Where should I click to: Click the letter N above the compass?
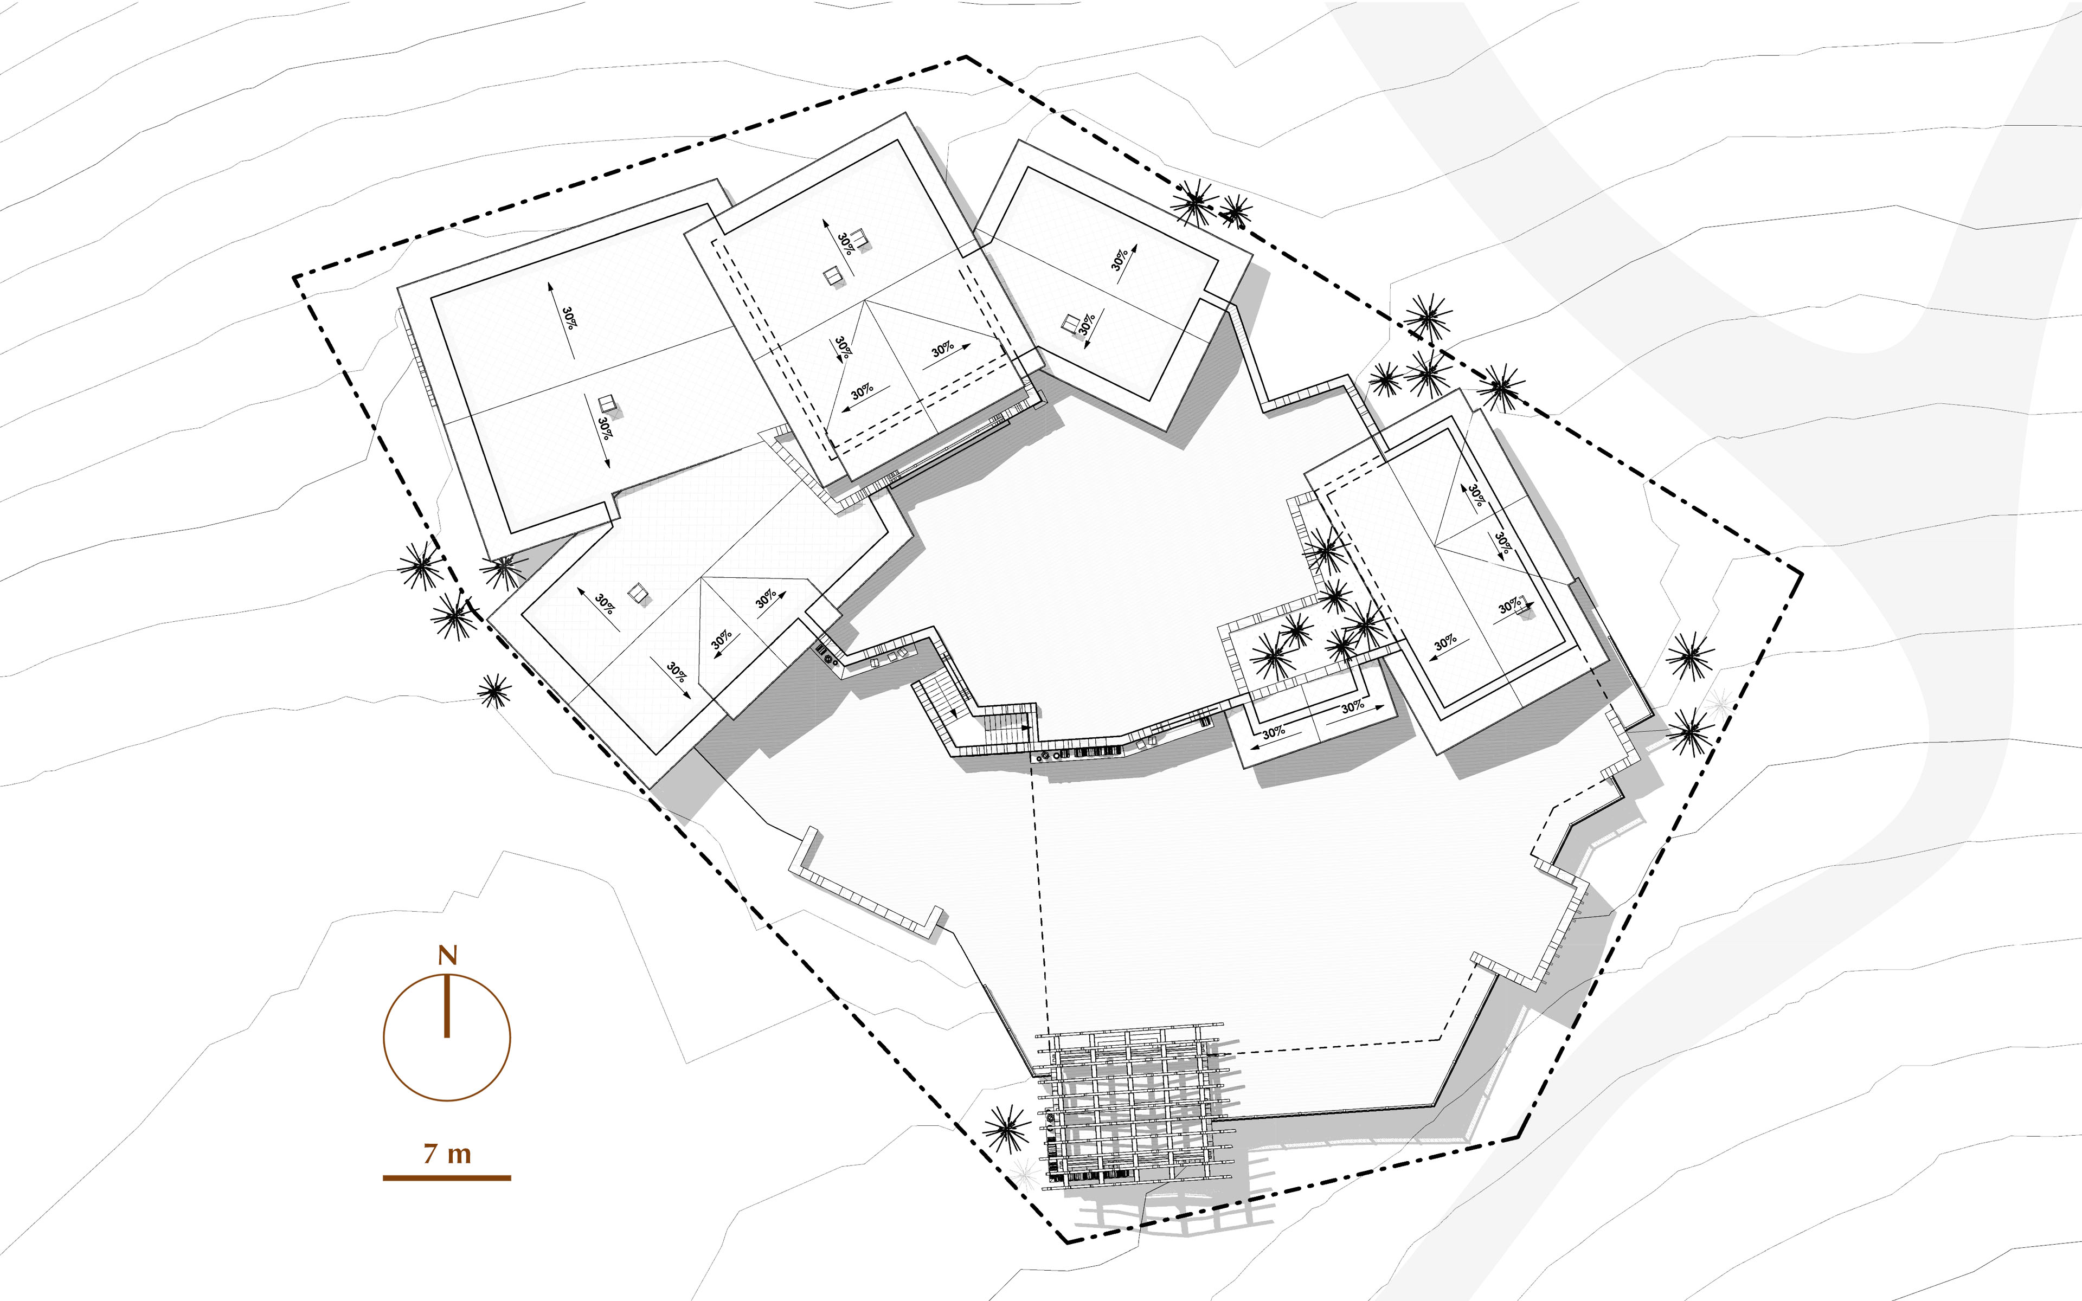pos(447,955)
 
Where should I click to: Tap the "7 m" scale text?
pos(447,1153)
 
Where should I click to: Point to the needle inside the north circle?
pos(447,1006)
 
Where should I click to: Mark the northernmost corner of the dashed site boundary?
pos(965,57)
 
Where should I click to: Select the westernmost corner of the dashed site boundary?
pos(294,277)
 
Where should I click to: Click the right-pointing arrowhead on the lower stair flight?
pos(1027,727)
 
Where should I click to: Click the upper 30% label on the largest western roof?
pos(569,318)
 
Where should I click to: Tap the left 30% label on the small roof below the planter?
pos(1273,732)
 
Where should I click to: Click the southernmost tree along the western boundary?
pos(494,690)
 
